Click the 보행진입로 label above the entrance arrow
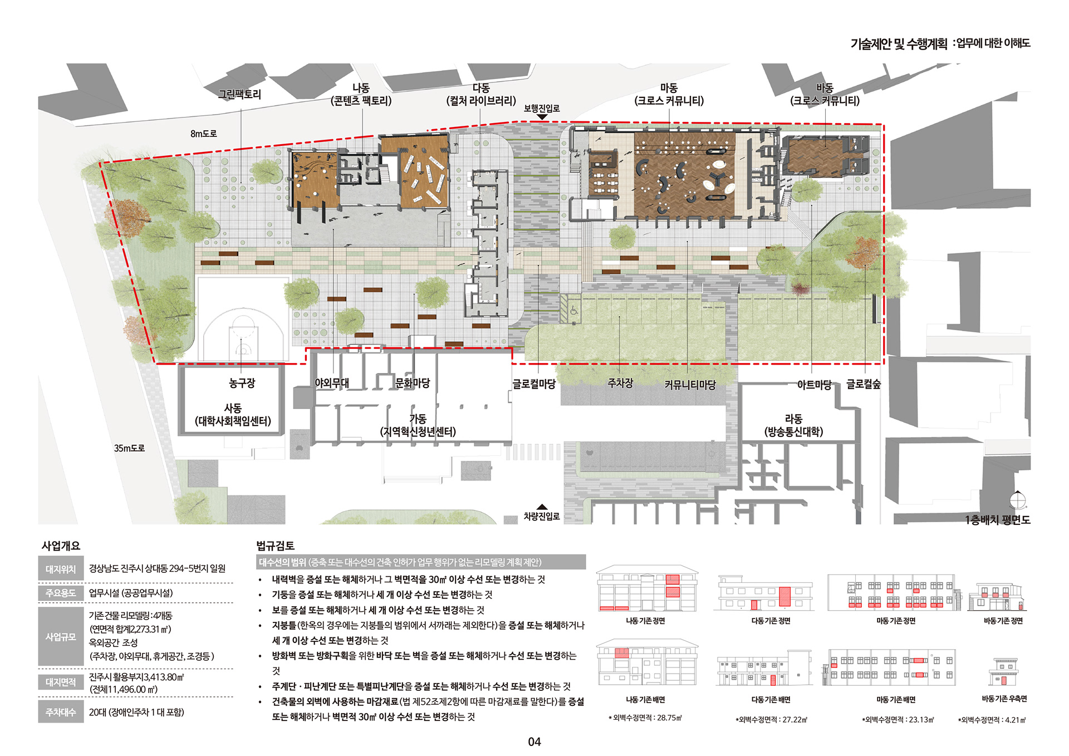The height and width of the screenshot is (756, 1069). pos(542,109)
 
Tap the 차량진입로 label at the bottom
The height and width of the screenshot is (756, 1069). pos(542,516)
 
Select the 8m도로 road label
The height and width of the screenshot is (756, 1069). pos(204,134)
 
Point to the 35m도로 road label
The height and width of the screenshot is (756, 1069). pos(129,448)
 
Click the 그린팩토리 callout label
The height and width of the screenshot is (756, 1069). pos(239,94)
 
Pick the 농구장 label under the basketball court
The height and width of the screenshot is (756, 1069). pos(242,383)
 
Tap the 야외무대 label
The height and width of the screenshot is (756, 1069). pos(332,383)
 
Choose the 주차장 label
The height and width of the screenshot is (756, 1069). pos(620,383)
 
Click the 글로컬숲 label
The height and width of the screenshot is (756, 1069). pos(864,384)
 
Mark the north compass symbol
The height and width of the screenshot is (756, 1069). pos(1018,500)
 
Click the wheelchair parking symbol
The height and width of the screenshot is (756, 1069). pos(574,312)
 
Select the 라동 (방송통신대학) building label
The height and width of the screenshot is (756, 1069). pos(793,425)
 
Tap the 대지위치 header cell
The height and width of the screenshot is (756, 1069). pos(61,569)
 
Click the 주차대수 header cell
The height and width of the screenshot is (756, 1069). pos(61,712)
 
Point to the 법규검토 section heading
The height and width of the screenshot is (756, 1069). pos(275,546)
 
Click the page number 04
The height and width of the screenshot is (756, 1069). pos(534,742)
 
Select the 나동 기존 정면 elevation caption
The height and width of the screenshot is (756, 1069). pos(646,621)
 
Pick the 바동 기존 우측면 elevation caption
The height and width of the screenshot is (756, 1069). pos(1004,699)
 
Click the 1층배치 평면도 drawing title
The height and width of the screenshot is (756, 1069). pos(998,519)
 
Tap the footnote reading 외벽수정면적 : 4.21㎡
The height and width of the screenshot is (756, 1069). pos(992,720)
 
